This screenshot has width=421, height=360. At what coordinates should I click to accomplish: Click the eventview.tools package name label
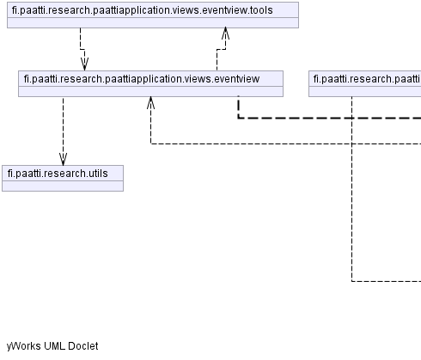click(142, 10)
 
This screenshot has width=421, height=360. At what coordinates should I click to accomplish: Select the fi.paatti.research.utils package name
click(58, 174)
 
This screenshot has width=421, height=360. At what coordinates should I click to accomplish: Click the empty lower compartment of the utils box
click(63, 186)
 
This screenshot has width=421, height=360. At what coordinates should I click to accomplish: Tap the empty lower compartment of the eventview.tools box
click(153, 22)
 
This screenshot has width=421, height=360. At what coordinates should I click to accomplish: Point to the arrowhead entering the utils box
click(63, 159)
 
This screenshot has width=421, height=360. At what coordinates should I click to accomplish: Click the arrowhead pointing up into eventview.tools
click(225, 34)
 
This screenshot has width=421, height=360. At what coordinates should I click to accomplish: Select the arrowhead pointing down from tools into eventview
click(84, 64)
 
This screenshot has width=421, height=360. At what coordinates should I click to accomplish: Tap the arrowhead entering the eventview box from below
click(150, 102)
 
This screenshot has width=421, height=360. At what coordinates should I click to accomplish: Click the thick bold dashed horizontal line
click(329, 118)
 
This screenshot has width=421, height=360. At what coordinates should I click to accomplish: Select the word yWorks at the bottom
click(24, 346)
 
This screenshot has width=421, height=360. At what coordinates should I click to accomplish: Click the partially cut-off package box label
click(367, 79)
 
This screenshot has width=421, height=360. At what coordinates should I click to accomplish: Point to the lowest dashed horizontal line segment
click(386, 281)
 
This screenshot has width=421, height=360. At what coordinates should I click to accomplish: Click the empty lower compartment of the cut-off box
click(365, 91)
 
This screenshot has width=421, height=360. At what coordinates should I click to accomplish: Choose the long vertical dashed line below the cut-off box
click(351, 189)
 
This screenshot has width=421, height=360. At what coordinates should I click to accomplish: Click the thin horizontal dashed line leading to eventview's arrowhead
click(286, 143)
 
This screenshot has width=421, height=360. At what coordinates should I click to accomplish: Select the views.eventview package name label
click(142, 79)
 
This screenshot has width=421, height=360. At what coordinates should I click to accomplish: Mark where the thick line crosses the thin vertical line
click(351, 118)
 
